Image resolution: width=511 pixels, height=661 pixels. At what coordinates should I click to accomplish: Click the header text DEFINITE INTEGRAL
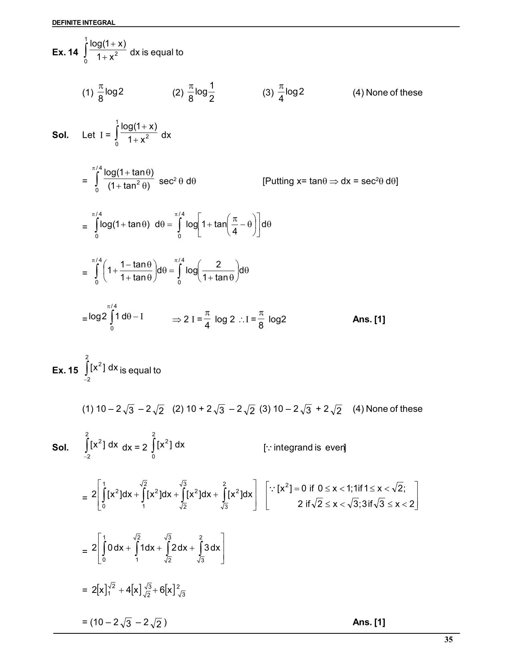click(83, 23)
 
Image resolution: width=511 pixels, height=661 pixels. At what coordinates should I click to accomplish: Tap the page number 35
click(448, 639)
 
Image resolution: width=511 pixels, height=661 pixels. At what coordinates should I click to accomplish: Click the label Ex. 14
click(65, 52)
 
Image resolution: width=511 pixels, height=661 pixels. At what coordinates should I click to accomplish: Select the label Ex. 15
click(65, 371)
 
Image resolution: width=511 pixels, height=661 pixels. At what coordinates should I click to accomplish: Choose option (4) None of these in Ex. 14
click(387, 93)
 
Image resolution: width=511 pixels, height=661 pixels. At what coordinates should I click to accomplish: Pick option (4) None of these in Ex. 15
click(387, 409)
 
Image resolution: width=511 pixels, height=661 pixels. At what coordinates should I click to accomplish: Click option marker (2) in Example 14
click(178, 93)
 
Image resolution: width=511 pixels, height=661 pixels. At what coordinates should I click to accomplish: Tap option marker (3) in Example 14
click(268, 93)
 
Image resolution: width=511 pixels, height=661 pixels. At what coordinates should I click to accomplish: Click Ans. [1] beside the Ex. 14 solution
click(369, 319)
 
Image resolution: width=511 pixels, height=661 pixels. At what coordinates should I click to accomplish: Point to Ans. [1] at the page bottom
click(369, 622)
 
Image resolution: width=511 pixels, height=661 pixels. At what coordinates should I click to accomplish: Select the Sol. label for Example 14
click(61, 135)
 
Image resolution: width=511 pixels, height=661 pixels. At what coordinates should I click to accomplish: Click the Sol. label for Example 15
click(61, 447)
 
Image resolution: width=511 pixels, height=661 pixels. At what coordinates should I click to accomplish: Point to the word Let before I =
click(88, 135)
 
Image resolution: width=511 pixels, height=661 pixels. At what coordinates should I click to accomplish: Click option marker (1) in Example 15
click(88, 409)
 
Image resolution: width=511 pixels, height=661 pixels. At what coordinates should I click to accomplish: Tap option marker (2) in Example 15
click(178, 409)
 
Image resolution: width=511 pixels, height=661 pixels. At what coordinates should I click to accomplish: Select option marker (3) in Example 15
click(265, 409)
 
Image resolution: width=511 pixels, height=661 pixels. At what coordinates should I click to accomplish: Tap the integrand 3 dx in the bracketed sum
click(212, 548)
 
